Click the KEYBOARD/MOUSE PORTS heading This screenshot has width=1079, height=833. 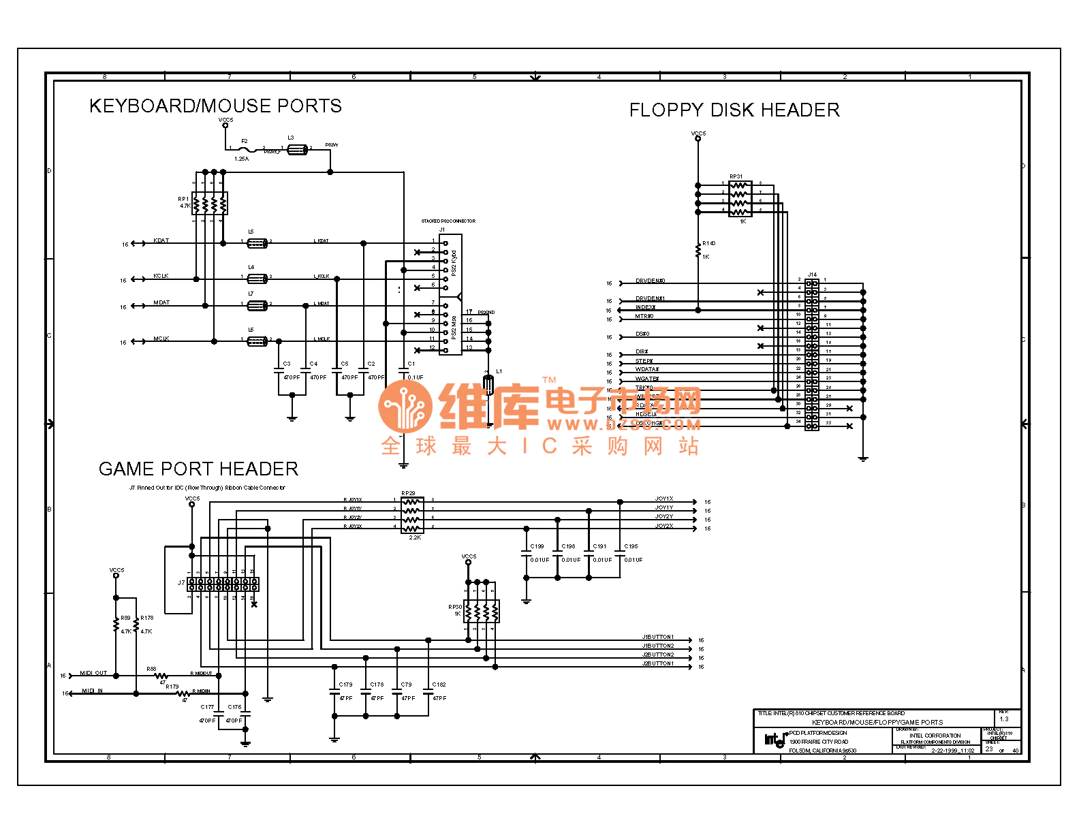click(215, 106)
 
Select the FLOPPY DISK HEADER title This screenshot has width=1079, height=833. click(734, 110)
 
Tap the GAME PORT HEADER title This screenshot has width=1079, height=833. click(198, 469)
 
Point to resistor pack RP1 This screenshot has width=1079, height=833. click(210, 203)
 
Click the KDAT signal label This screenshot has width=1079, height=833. click(161, 241)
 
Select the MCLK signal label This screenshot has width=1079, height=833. click(161, 339)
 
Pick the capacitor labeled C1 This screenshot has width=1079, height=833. click(403, 371)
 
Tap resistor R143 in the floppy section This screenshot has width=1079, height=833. click(698, 250)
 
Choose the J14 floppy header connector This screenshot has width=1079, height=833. click(811, 354)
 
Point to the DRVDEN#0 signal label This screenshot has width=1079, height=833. click(650, 281)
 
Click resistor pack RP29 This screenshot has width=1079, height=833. click(411, 514)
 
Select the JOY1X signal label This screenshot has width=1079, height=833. click(664, 499)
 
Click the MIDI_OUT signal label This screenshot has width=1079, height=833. click(93, 674)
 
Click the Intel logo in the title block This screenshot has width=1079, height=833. click(775, 740)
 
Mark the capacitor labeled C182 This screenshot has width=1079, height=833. click(428, 693)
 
